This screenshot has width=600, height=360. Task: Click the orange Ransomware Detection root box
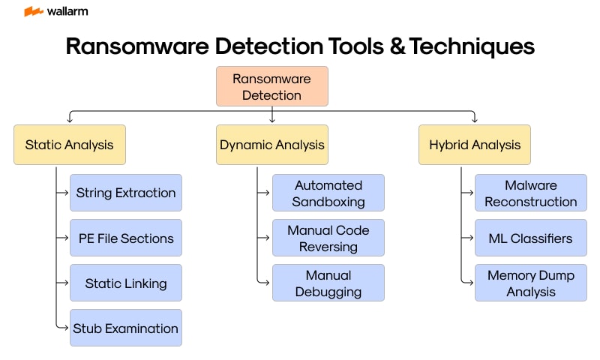point(271,86)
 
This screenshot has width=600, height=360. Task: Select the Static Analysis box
point(70,145)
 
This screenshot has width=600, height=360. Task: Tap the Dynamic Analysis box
point(271,145)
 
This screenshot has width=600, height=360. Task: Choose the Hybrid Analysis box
point(474,145)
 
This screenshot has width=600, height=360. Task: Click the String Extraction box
point(126,193)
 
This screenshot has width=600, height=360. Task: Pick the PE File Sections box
point(126,238)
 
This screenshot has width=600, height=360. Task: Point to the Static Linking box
point(126,283)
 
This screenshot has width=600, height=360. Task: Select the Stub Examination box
point(126,328)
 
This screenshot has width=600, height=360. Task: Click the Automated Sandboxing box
point(328,193)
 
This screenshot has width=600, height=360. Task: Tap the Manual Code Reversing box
point(328,238)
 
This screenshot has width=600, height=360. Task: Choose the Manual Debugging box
point(328,283)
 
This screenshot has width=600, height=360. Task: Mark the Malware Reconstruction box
point(531,193)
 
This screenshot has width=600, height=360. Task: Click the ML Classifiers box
point(531,238)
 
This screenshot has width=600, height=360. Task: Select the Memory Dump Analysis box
point(531,283)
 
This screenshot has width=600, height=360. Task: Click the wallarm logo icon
point(33,11)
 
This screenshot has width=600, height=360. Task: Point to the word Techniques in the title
point(473,46)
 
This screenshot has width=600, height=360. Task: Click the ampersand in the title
point(395,46)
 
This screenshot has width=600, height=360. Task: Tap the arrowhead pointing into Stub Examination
point(67,328)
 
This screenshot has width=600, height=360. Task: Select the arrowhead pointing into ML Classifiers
point(472,238)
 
